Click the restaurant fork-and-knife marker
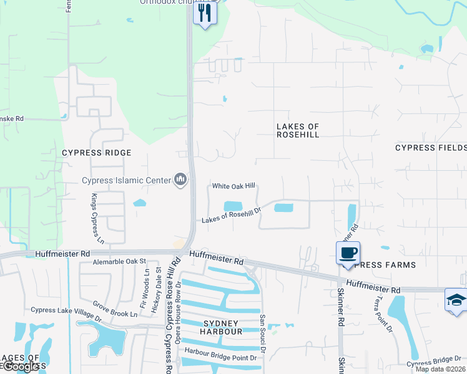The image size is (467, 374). pos(205,12)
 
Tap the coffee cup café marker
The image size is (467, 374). pos(348,253)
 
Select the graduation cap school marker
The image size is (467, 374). pos(456,300)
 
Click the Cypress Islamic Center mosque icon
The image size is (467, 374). pos(181,180)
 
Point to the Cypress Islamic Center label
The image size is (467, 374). pos(127,181)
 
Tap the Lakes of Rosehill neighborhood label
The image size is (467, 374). pos(298,130)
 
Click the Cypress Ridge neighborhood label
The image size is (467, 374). pos(97,153)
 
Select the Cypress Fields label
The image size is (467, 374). pos(431,148)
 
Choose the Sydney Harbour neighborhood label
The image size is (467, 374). pos(221,327)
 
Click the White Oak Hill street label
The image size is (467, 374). pos(234,186)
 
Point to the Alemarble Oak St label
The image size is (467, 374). pos(119,262)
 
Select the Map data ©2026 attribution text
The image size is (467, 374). pos(440,369)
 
